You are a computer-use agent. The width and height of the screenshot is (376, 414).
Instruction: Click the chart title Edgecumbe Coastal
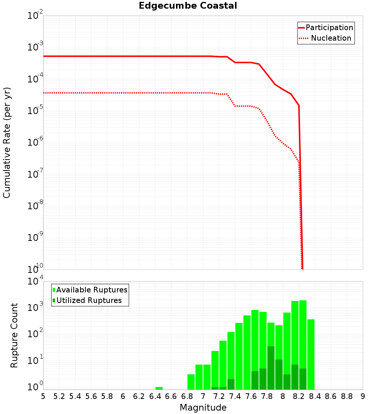coord(188,6)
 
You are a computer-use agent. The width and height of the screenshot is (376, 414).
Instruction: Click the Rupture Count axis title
coord(14,335)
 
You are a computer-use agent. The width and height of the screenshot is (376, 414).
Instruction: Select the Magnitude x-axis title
coord(203,408)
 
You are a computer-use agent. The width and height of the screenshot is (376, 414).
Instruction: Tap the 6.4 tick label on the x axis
coord(155,396)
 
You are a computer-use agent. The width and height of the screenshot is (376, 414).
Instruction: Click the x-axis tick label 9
coord(363,396)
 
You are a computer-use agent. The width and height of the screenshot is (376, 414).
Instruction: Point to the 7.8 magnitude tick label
coord(267,396)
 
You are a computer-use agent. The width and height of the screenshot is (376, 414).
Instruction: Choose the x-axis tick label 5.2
coord(59,396)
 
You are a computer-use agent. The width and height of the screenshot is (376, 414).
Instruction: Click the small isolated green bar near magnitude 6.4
coord(159,388)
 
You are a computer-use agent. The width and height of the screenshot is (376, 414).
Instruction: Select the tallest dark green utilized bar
coord(271,367)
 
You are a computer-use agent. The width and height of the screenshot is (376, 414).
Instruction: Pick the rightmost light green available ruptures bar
coord(311,354)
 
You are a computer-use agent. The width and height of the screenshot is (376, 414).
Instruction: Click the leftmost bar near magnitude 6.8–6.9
coord(191,382)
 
